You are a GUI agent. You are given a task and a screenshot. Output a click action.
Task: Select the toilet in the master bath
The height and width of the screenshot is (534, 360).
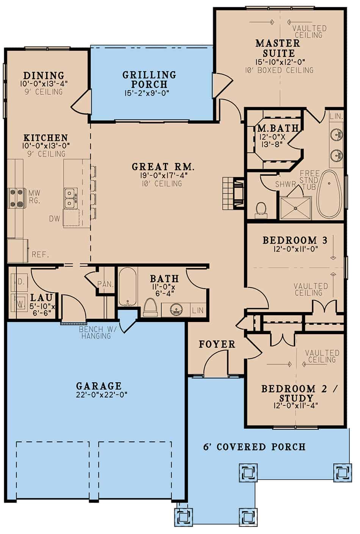point(261,210)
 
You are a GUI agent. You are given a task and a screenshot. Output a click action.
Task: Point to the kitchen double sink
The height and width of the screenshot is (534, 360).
point(71,197)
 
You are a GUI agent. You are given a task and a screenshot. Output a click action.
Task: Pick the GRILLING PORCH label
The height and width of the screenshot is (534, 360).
point(149,79)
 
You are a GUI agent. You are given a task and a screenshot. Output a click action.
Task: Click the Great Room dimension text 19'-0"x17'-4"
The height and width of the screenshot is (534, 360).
point(164,175)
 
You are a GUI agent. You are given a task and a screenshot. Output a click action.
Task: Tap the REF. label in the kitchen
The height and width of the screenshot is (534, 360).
point(41,254)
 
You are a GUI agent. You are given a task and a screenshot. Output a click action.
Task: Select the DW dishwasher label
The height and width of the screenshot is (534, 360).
point(55,218)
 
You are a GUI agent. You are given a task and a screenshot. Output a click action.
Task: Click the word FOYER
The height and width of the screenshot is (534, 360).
point(217,344)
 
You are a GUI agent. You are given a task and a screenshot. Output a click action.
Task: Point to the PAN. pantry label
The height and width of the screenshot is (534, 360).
point(105,284)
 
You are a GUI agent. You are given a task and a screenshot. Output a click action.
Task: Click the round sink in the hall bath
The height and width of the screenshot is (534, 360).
point(176,310)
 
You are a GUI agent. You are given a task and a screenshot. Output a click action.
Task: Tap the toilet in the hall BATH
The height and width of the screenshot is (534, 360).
point(150,307)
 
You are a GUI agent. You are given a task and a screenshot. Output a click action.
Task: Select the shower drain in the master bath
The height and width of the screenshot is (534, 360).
point(296,208)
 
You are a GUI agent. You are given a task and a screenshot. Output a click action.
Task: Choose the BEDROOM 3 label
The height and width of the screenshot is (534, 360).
point(295,240)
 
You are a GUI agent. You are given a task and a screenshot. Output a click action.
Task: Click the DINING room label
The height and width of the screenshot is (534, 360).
point(44,75)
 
